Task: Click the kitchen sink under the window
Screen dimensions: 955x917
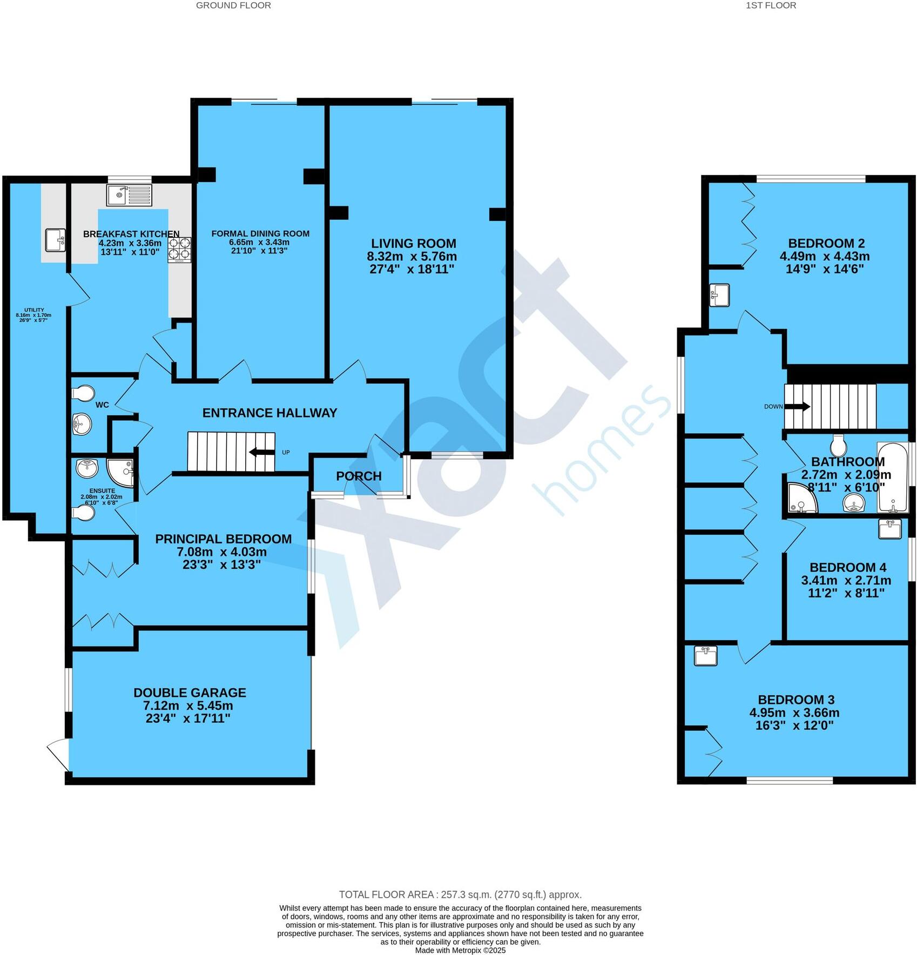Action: tap(129, 195)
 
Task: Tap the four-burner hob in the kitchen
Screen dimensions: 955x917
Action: tap(180, 251)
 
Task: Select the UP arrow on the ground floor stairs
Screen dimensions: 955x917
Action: tap(262, 452)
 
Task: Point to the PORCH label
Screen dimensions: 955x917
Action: tap(359, 476)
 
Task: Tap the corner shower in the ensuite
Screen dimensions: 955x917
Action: tap(120, 472)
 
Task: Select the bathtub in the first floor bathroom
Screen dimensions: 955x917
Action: tap(892, 477)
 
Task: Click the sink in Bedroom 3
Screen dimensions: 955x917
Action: tap(706, 656)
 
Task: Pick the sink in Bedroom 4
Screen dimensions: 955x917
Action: tap(889, 529)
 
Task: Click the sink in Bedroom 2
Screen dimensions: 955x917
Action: tap(720, 295)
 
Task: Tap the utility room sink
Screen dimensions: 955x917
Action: tap(55, 240)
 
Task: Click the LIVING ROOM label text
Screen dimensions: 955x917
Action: tap(413, 244)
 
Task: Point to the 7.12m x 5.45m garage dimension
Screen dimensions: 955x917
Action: tap(188, 705)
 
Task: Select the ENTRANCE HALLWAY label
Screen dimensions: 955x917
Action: tap(269, 413)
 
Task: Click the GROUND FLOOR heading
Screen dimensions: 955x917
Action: tap(233, 5)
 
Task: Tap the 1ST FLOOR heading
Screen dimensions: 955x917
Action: tap(771, 5)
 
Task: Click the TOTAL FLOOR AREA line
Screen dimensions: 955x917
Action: tap(460, 895)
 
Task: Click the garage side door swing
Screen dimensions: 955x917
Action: tap(58, 754)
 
